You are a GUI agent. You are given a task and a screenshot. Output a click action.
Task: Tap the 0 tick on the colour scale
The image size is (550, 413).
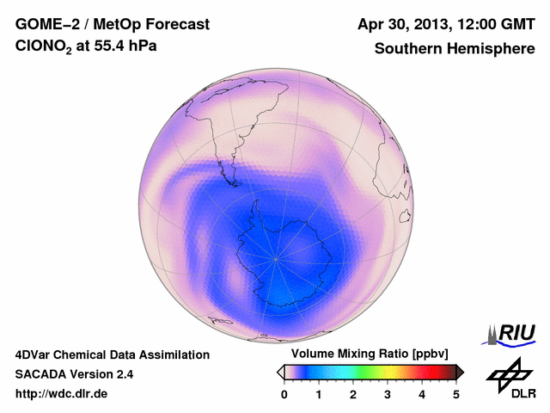point(284,394)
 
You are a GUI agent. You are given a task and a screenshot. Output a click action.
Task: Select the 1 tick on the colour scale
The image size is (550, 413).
point(319,394)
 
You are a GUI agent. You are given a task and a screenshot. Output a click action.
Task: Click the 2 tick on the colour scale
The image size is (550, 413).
point(353,394)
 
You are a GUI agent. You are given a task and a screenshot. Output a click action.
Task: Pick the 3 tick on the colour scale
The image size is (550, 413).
point(388,394)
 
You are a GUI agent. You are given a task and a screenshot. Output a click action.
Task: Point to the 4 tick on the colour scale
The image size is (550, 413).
point(422,394)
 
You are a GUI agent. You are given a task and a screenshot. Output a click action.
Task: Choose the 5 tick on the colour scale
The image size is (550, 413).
point(456,394)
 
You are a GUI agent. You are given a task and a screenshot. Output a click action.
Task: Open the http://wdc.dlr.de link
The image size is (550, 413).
point(62,394)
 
